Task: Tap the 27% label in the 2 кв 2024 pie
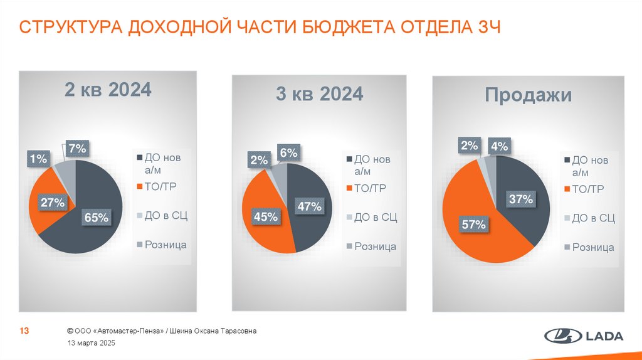pos(53,203)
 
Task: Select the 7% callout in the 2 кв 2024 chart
pos(78,149)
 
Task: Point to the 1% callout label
pos(38,160)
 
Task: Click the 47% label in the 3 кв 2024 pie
pos(309,206)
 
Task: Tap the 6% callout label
pos(289,152)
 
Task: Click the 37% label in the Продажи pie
pos(520,199)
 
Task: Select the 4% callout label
pos(499,147)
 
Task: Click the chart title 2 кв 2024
pos(108,90)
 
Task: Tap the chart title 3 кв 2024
pos(320,93)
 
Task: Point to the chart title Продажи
pos(528,95)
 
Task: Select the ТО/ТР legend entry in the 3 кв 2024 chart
pos(369,188)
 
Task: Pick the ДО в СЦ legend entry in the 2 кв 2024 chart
pos(166,216)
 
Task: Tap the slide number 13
pos(26,331)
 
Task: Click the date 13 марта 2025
pos(92,344)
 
